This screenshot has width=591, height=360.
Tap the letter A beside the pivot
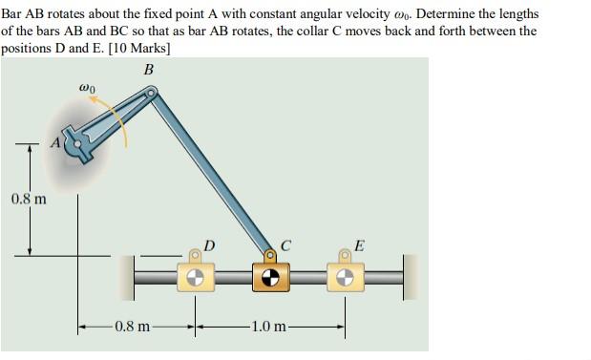56,142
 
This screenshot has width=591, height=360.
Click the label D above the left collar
209,248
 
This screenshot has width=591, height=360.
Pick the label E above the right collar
358,247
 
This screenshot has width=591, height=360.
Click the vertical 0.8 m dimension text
29,200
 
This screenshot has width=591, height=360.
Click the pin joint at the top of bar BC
153,93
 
